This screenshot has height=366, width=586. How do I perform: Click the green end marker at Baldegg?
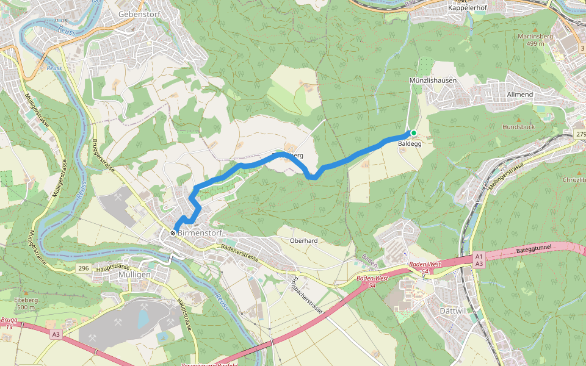tap(413, 133)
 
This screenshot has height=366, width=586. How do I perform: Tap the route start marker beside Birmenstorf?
tap(174, 232)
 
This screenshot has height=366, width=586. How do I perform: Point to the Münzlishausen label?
tap(433, 81)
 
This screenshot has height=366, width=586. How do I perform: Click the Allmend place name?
tap(519, 95)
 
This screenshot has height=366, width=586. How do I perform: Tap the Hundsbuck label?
tap(518, 127)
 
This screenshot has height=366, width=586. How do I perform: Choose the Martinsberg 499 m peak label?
tap(535, 40)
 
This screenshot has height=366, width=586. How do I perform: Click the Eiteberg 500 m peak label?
tap(26, 304)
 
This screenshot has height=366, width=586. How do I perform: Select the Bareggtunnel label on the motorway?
tap(534, 250)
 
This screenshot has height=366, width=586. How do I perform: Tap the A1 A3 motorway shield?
tap(479, 260)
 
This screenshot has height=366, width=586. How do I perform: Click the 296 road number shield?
tap(84, 268)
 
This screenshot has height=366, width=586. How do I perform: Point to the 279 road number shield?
tap(580, 134)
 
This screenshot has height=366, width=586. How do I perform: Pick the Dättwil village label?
tap(452, 310)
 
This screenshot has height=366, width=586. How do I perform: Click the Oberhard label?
tap(303, 240)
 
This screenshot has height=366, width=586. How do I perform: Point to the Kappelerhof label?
tap(467, 8)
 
